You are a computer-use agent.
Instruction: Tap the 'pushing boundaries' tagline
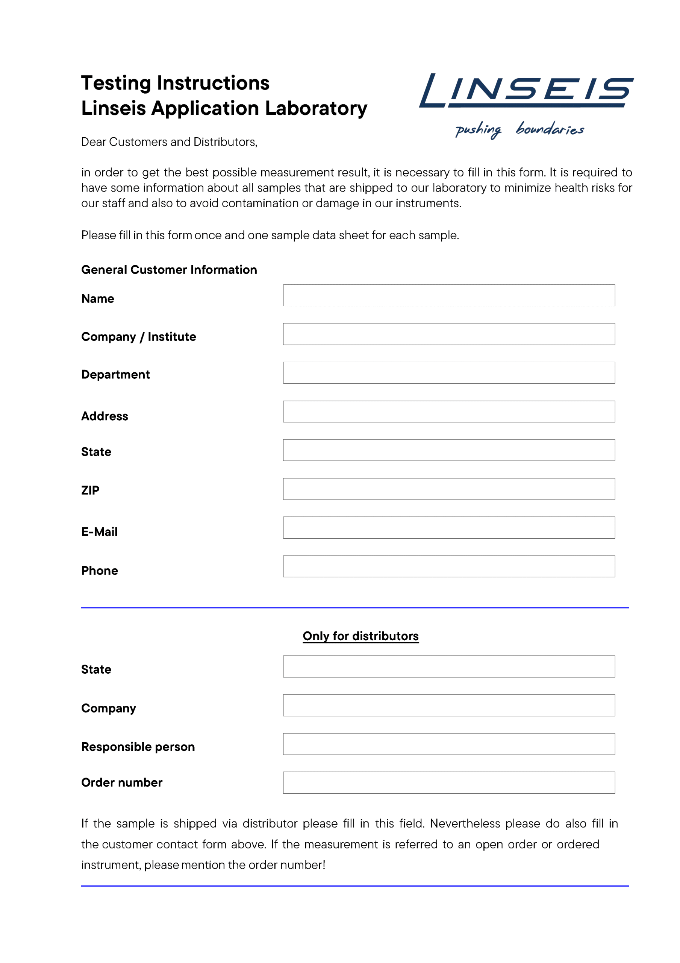coord(519,129)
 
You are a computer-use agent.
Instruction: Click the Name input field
coord(448,295)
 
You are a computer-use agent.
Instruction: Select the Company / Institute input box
coord(448,334)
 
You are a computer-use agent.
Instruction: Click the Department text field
coord(448,372)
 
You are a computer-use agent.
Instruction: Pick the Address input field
coord(448,412)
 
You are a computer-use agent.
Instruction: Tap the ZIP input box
coord(448,489)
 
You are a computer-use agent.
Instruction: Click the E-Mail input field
coord(448,527)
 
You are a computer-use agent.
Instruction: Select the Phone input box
coord(448,566)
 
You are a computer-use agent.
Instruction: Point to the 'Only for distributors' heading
coord(360,636)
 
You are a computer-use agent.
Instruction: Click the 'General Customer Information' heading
coord(169,270)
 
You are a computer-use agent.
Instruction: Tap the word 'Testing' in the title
coord(116,84)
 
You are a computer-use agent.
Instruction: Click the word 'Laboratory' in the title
coord(316,108)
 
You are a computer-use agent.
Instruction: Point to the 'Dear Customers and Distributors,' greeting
coord(169,142)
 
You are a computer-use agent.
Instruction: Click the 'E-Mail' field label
coord(99,532)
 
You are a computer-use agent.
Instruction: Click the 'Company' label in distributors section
coord(109,708)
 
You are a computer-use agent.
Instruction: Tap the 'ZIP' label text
coord(90,490)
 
